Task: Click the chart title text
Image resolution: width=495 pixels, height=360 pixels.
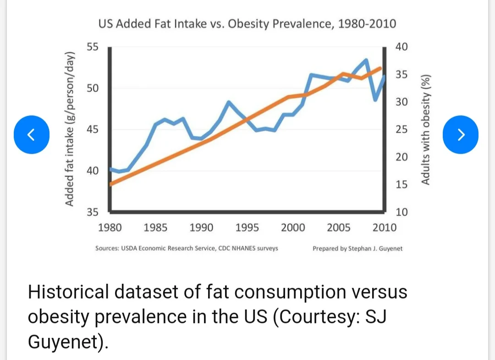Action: click(x=247, y=24)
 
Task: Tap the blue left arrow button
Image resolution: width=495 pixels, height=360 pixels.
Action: click(x=31, y=134)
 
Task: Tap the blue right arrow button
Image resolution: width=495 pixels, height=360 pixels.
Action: click(x=461, y=134)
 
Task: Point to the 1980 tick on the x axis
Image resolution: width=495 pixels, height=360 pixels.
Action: click(x=110, y=227)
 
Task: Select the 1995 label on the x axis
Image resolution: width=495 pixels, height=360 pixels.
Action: click(x=247, y=227)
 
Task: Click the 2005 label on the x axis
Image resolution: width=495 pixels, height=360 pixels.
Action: click(x=339, y=227)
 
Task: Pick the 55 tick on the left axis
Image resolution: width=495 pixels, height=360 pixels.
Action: click(x=93, y=47)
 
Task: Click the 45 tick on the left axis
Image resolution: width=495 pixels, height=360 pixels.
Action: click(x=93, y=130)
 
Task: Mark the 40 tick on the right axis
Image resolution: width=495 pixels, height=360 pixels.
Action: click(x=401, y=47)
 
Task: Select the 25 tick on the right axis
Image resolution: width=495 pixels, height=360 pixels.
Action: click(x=401, y=129)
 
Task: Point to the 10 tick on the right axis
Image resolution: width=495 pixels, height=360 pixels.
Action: click(x=401, y=212)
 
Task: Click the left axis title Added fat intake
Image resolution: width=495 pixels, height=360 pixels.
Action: click(x=70, y=130)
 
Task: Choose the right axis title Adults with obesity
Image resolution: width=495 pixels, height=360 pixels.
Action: click(x=426, y=130)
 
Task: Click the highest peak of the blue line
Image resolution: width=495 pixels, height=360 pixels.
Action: click(x=366, y=60)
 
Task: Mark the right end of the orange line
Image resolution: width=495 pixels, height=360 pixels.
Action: click(x=380, y=68)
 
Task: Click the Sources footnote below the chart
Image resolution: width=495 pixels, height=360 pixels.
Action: click(x=187, y=248)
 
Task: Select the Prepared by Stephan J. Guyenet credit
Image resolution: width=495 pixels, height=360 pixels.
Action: click(x=357, y=248)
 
